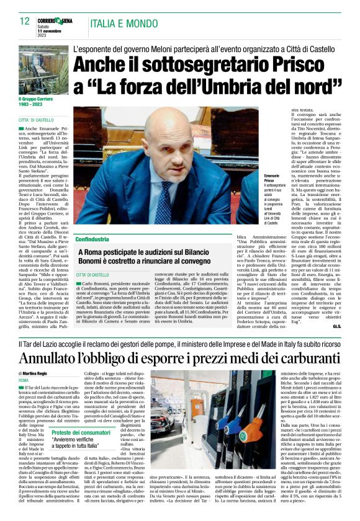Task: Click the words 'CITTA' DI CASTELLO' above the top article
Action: (x=36, y=120)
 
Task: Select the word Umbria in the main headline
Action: (x=233, y=84)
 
